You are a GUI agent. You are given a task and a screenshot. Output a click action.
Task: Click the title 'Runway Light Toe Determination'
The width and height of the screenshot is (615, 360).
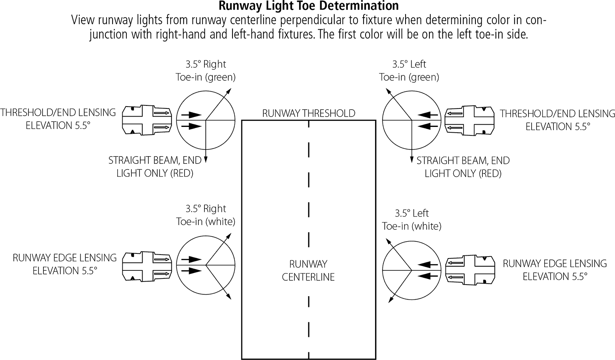pyautogui.click(x=308, y=6)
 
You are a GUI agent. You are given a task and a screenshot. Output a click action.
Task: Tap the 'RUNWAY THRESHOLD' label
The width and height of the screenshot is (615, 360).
pyautogui.click(x=309, y=113)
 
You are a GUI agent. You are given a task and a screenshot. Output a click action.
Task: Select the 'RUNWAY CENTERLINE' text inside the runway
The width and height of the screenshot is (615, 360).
pyautogui.click(x=308, y=270)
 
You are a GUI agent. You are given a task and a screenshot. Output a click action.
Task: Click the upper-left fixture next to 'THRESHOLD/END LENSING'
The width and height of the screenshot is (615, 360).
pyautogui.click(x=147, y=120)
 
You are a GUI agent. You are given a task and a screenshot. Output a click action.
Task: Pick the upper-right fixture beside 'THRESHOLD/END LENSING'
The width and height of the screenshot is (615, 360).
pyautogui.click(x=469, y=120)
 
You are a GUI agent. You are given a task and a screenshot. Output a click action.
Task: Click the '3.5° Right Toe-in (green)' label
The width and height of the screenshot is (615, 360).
pyautogui.click(x=206, y=70)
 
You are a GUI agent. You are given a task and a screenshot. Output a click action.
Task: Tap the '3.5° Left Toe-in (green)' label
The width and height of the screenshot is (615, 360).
pyautogui.click(x=409, y=70)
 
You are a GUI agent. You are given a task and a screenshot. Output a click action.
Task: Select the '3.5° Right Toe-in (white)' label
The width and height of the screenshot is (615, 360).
pyautogui.click(x=206, y=215)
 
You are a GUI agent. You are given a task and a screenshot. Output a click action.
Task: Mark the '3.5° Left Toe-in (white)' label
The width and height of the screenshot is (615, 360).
pyautogui.click(x=412, y=220)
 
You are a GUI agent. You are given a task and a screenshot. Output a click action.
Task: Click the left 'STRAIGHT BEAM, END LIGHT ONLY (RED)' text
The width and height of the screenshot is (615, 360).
pyautogui.click(x=155, y=167)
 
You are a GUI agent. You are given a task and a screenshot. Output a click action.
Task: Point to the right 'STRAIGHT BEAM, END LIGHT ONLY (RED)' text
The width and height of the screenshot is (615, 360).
pyautogui.click(x=463, y=167)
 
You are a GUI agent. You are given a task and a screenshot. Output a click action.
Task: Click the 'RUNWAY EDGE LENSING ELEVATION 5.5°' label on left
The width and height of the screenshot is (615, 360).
pyautogui.click(x=65, y=264)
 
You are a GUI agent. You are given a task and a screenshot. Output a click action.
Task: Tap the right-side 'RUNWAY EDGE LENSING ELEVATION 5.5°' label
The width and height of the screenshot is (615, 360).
pyautogui.click(x=555, y=270)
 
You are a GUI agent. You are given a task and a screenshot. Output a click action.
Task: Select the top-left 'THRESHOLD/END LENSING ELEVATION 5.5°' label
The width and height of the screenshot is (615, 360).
pyautogui.click(x=58, y=119)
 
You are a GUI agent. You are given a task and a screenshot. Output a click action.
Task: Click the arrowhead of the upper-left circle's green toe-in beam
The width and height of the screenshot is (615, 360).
pyautogui.click(x=229, y=90)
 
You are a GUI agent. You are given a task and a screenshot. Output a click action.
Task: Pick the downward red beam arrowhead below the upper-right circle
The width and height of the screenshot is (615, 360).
pyautogui.click(x=412, y=159)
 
